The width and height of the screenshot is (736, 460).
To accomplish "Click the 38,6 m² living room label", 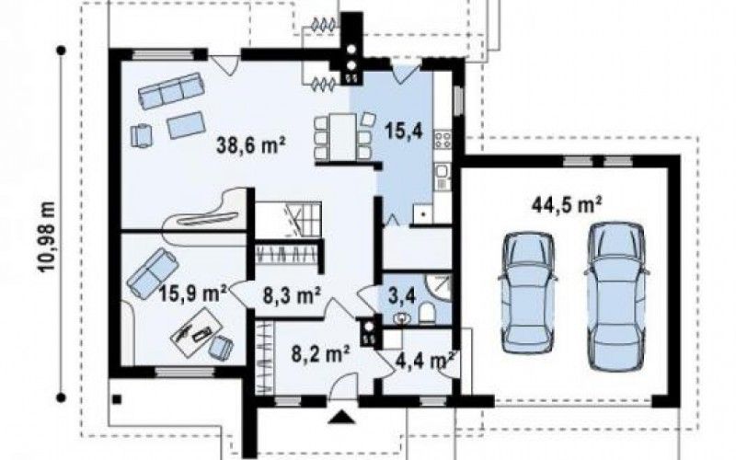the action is tap(251, 145).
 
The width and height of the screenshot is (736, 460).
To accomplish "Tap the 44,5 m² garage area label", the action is tap(567, 205).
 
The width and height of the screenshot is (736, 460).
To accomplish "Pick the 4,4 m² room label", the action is tap(425, 361).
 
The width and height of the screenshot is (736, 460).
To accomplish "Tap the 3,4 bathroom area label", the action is tap(402, 295).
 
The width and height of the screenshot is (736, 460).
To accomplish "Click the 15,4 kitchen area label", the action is tap(404, 131).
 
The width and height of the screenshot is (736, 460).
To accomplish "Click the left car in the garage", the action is tap(528, 292).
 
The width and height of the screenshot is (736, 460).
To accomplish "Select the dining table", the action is tap(342, 136).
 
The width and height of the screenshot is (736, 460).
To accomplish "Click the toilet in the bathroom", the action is tap(427, 314).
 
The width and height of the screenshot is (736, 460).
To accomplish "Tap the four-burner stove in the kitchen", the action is tap(443, 140).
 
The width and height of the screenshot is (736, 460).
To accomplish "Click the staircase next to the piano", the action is tap(289, 219).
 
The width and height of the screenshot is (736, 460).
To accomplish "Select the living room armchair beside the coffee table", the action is tap(142, 135).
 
